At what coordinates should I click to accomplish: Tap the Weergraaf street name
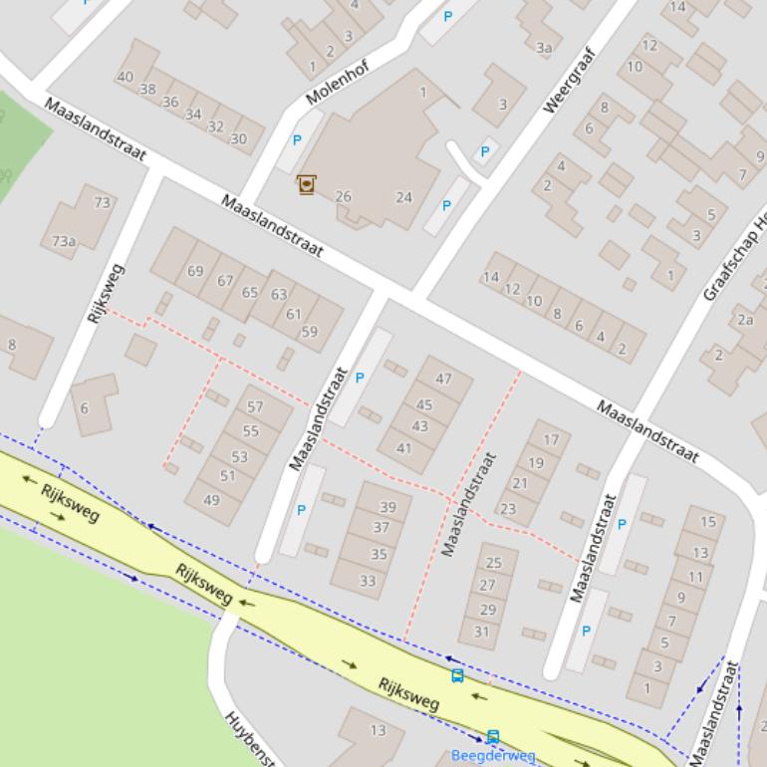[568, 80]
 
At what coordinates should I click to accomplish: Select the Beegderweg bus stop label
[493, 756]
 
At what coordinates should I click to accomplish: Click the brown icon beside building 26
[306, 184]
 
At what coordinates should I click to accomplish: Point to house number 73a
[64, 241]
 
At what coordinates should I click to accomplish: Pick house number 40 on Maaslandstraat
[125, 77]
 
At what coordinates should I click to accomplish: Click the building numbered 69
[195, 271]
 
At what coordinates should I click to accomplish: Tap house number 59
[309, 332]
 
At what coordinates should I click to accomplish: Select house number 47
[443, 379]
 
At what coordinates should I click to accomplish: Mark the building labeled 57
[255, 406]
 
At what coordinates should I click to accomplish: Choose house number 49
[211, 500]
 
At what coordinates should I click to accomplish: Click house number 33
[368, 581]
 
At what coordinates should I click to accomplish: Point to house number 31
[481, 632]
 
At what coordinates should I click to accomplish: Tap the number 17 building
[551, 439]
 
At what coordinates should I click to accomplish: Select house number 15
[707, 521]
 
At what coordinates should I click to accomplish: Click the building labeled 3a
[544, 47]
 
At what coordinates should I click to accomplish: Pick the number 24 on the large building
[403, 196]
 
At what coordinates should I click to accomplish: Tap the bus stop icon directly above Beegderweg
[492, 736]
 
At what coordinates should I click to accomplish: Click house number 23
[508, 508]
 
